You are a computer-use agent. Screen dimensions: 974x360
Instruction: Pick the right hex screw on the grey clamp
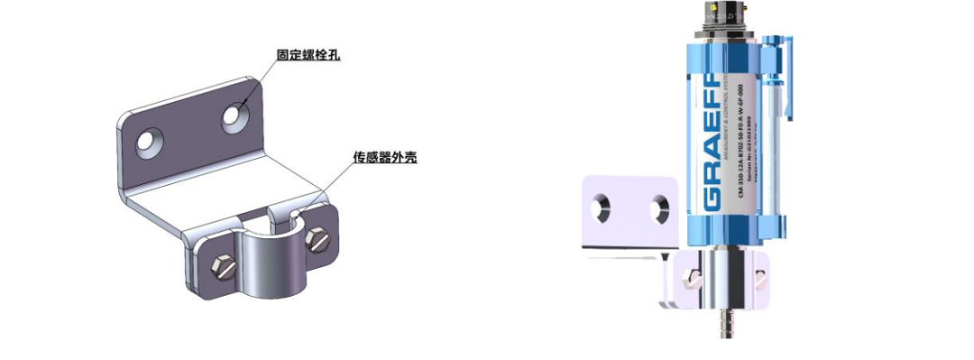point(317,239)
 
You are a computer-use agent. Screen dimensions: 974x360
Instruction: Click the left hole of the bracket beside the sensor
point(602,208)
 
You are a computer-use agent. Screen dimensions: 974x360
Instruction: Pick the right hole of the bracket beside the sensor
point(657,208)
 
